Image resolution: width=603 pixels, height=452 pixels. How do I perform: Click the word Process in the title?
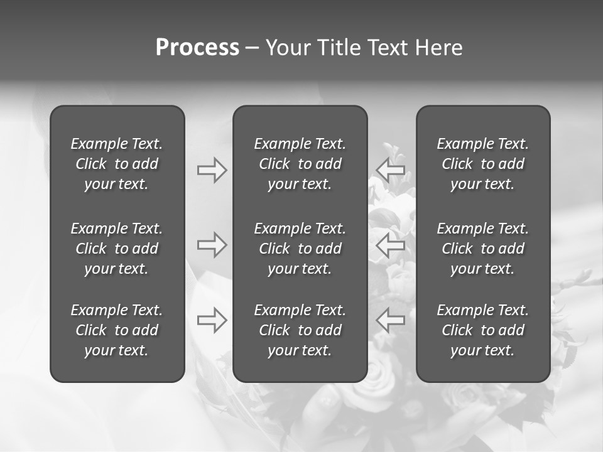point(197,48)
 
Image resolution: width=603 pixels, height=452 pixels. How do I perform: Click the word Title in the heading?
point(337,48)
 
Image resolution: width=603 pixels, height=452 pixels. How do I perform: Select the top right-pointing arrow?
point(212,170)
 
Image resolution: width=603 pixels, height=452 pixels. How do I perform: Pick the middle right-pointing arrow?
point(212,245)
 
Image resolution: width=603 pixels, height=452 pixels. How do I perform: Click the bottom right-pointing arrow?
point(212,320)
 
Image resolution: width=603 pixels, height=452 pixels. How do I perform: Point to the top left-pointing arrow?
point(391,169)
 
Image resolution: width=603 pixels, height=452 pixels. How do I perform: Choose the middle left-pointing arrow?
point(391,245)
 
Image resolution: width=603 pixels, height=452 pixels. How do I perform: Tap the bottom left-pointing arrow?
point(391,320)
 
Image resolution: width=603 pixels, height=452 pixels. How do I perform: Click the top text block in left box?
point(117,164)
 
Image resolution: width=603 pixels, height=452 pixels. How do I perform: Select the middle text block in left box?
point(117,249)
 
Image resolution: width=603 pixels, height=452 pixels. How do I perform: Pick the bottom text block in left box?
point(117,330)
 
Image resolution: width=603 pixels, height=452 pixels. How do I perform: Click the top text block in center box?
point(300,164)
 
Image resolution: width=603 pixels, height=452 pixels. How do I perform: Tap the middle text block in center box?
point(300,249)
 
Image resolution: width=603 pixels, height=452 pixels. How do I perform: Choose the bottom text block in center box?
point(300,330)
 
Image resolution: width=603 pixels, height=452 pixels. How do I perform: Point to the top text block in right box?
point(483,164)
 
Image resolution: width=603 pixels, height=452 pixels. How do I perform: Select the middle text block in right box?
point(483,249)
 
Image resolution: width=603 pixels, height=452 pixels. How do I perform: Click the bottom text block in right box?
point(483,330)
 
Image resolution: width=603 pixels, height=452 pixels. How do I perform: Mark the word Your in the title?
point(287,48)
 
